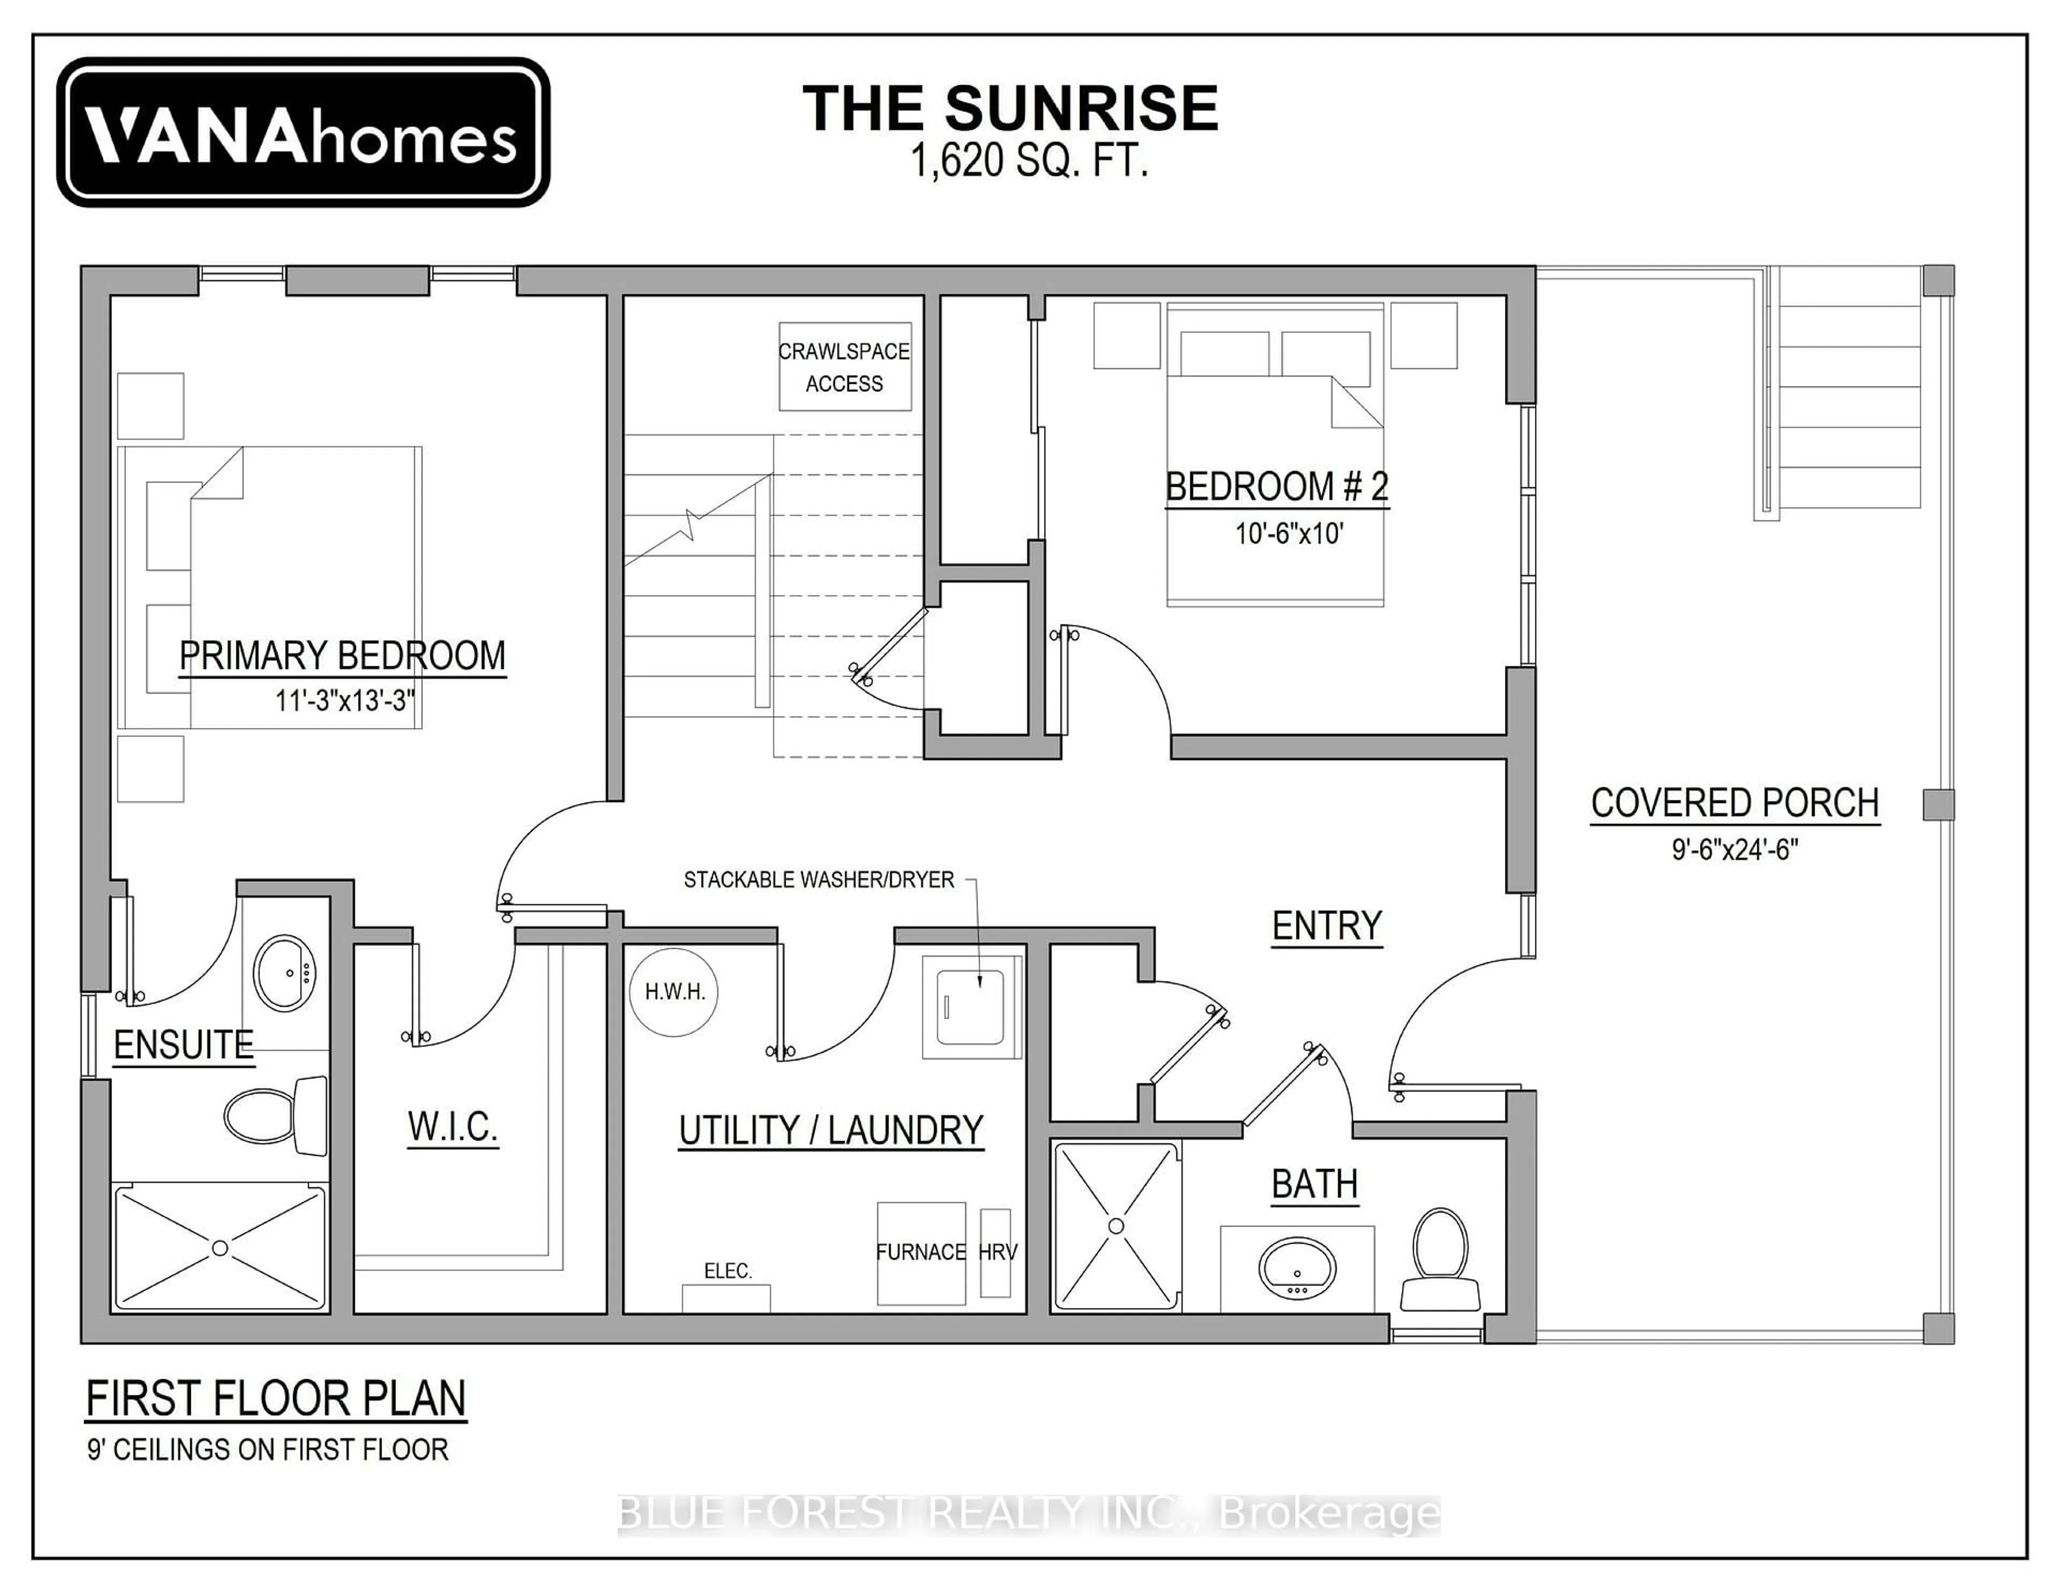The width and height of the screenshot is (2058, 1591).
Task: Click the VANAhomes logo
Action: pyautogui.click(x=302, y=133)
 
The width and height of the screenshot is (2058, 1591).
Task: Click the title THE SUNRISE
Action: pyautogui.click(x=1010, y=108)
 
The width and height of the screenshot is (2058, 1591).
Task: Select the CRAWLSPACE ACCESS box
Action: pyautogui.click(x=844, y=367)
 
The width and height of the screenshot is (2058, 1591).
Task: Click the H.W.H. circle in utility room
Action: pyautogui.click(x=674, y=992)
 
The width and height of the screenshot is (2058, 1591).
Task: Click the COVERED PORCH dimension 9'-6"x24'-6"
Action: pyautogui.click(x=1735, y=849)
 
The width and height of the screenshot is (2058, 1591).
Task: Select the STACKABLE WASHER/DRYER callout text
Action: pyautogui.click(x=818, y=879)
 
